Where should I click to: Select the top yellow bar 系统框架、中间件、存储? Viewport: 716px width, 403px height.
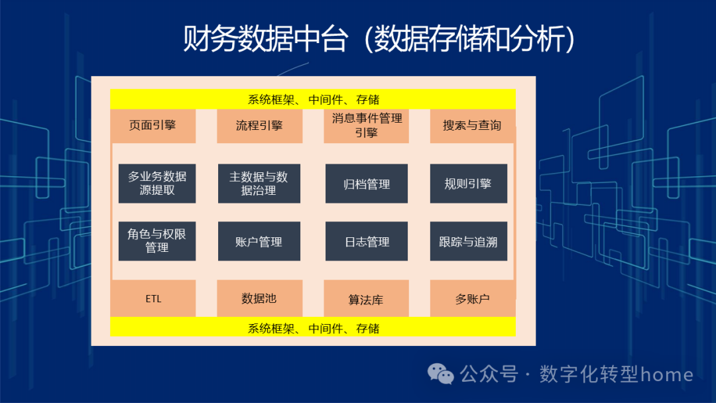click(x=313, y=99)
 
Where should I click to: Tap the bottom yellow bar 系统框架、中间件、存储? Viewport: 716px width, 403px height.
click(x=313, y=327)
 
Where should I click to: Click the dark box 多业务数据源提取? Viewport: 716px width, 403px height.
click(x=157, y=184)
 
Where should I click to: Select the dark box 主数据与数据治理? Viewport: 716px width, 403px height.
click(x=259, y=184)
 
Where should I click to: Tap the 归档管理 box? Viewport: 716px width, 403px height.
click(x=367, y=184)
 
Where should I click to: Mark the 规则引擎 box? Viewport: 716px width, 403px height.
click(x=468, y=184)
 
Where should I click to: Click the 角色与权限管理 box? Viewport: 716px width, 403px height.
click(x=157, y=241)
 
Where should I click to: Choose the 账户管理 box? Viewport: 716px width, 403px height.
click(x=259, y=241)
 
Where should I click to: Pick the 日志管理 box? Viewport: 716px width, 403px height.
click(x=367, y=241)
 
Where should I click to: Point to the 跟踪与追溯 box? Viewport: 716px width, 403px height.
click(x=468, y=241)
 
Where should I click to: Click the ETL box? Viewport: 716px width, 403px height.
click(x=153, y=298)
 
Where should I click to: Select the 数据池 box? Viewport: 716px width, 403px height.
click(x=260, y=298)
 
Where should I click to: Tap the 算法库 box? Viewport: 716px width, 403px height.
click(x=366, y=298)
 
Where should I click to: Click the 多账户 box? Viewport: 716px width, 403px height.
click(x=473, y=298)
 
